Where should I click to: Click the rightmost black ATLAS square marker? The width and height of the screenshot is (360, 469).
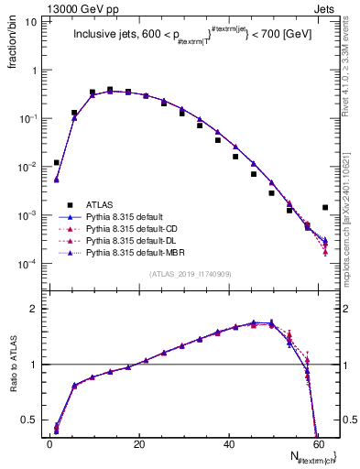pyautogui.click(x=325, y=208)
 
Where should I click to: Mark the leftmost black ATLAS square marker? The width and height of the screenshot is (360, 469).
pyautogui.click(x=57, y=162)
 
